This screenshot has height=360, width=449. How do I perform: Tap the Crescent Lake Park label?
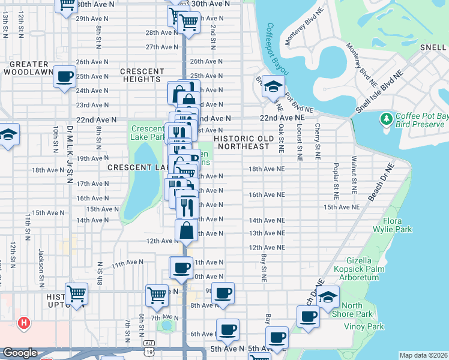coord(148,133)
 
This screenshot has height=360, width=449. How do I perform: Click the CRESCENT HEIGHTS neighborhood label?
coord(142,75)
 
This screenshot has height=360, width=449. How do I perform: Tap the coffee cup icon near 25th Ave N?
coord(64,77)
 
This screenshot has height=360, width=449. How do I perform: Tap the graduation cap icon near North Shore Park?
coord(328,297)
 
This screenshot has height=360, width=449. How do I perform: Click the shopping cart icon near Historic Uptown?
coord(77,294)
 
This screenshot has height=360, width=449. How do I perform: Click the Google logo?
coord(20,353)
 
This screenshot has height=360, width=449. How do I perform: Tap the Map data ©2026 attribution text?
coord(423,355)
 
